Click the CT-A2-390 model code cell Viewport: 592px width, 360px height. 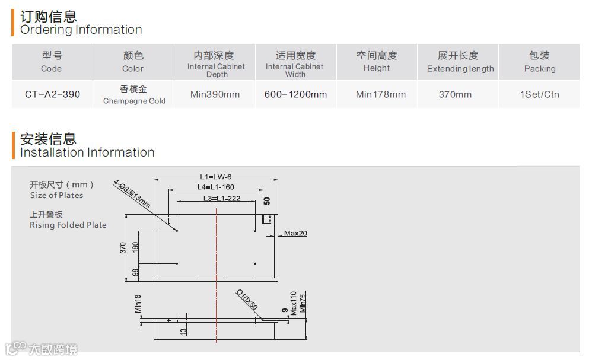[52, 94]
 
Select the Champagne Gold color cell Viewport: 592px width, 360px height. [133, 95]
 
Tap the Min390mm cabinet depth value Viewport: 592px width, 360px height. [215, 94]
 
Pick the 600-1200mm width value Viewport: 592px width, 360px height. [295, 94]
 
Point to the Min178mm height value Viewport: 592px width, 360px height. [381, 94]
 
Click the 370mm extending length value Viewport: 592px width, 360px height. [456, 94]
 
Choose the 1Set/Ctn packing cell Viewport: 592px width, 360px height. [539, 94]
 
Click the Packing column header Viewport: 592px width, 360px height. [539, 62]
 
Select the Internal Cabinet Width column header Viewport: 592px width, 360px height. [295, 62]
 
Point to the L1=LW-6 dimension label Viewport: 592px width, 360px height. [215, 176]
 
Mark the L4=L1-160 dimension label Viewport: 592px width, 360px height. [216, 187]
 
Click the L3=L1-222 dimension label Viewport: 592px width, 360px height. [222, 198]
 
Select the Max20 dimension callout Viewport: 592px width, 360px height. [295, 234]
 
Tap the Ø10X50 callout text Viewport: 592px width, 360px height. [247, 300]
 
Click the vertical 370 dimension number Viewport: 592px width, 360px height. [123, 248]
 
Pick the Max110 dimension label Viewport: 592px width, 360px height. [293, 303]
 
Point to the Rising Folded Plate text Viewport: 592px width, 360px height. [68, 225]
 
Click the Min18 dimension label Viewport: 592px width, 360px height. [138, 303]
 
